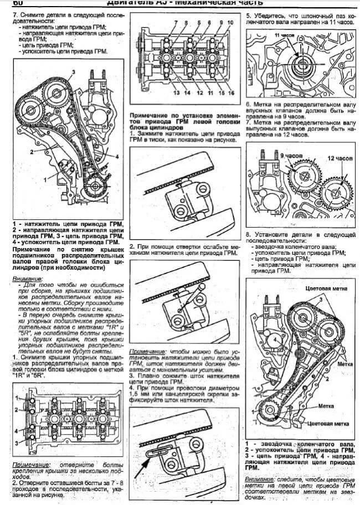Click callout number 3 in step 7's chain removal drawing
coord(72,73)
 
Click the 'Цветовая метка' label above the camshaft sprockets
coord(325,288)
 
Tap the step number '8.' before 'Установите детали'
coord(249,234)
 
